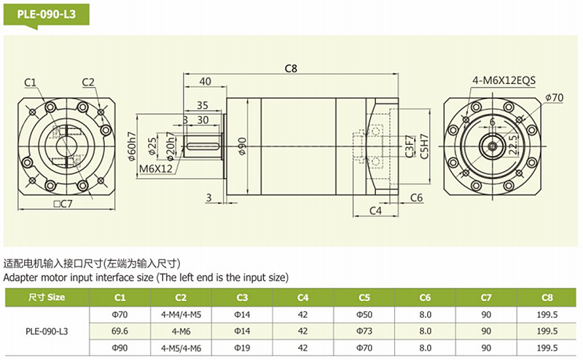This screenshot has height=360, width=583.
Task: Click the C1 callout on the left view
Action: pos(30,82)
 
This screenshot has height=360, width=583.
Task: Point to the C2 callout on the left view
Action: pos(89,82)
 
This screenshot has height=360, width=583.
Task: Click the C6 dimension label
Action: pos(416,197)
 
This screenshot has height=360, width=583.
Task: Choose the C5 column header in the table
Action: pos(364,297)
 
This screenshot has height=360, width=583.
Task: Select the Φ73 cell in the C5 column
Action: pos(364,330)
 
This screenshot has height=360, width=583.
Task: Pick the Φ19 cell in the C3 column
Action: pos(242,348)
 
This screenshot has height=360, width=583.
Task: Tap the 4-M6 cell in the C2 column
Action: pos(181,330)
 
